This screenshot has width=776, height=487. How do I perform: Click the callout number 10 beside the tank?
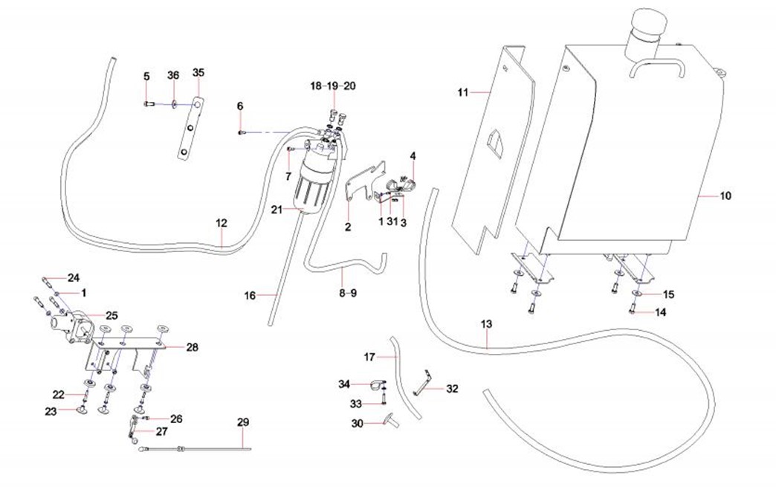725,196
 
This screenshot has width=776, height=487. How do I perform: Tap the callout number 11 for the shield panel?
462,92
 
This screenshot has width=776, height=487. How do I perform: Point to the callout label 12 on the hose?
222,222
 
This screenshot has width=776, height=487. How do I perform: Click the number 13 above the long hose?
487,324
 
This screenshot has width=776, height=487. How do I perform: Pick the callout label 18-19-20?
333,86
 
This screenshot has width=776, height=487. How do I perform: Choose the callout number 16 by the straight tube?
250,295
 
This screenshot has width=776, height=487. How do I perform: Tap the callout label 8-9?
348,293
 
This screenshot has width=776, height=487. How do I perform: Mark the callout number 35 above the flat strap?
198,73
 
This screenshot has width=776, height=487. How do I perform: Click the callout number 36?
173,75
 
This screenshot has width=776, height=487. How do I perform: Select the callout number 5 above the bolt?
146,76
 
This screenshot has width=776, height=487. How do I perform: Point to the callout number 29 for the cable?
243,422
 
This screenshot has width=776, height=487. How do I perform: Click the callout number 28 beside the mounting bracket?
193,347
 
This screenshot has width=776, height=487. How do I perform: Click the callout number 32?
453,388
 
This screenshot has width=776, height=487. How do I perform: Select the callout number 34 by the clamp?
343,384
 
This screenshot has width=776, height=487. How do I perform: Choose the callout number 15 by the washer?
668,294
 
